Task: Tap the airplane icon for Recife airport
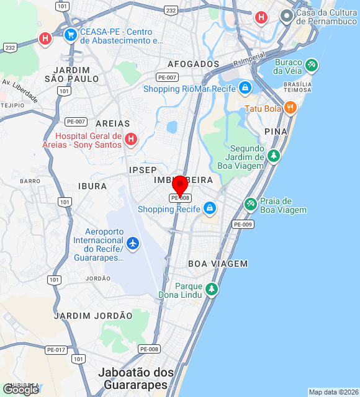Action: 132,243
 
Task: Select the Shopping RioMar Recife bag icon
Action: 245,89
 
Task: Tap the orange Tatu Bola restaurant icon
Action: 290,109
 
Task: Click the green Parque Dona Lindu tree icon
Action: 212,289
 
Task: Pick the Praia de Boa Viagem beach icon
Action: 250,204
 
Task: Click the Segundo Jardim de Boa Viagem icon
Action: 273,154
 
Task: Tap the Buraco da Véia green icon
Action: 311,64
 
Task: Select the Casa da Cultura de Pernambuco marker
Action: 286,16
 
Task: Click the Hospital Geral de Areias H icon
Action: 130,139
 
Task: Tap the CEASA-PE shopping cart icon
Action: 70,35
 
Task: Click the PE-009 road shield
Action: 243,224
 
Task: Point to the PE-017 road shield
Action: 56,350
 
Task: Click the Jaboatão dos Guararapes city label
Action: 137,378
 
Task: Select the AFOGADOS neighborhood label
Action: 193,64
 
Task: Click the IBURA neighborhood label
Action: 92,185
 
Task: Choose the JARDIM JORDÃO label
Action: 93,316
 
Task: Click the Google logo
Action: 20,389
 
